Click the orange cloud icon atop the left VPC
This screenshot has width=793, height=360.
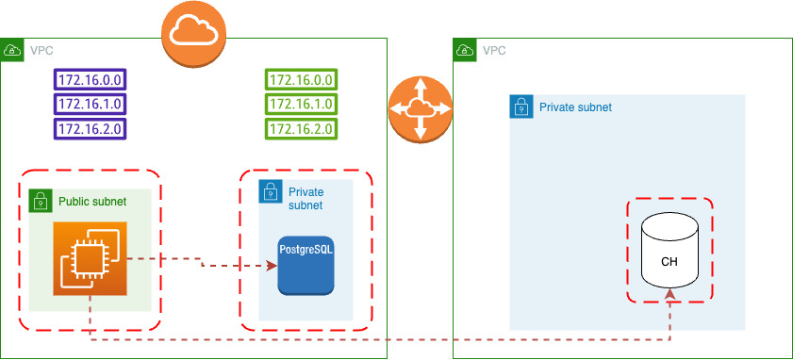pyautogui.click(x=194, y=35)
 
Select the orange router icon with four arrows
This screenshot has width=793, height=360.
pyautogui.click(x=421, y=108)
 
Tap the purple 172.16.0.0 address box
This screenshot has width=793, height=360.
pyautogui.click(x=91, y=79)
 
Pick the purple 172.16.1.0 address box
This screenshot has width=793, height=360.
pyautogui.click(x=91, y=104)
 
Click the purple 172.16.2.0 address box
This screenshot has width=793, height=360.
pyautogui.click(x=91, y=129)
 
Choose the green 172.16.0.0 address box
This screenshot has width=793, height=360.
pyautogui.click(x=302, y=79)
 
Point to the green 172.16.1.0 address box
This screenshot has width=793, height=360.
pyautogui.click(x=302, y=104)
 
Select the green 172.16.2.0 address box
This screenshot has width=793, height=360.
pyautogui.click(x=302, y=129)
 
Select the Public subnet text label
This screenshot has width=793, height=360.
pyautogui.click(x=91, y=202)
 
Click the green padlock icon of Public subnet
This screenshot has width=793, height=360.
pyautogui.click(x=41, y=201)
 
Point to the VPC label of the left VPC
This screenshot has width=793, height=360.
pyautogui.click(x=41, y=50)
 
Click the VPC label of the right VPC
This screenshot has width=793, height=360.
pyautogui.click(x=493, y=50)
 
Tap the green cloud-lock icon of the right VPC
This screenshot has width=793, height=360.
pyautogui.click(x=463, y=49)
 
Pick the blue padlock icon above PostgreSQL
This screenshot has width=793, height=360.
pyautogui.click(x=270, y=192)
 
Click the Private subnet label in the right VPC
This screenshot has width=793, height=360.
pyautogui.click(x=575, y=107)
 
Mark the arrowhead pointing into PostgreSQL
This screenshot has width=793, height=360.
pyautogui.click(x=272, y=266)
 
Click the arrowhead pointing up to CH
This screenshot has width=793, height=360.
pyautogui.click(x=669, y=294)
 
